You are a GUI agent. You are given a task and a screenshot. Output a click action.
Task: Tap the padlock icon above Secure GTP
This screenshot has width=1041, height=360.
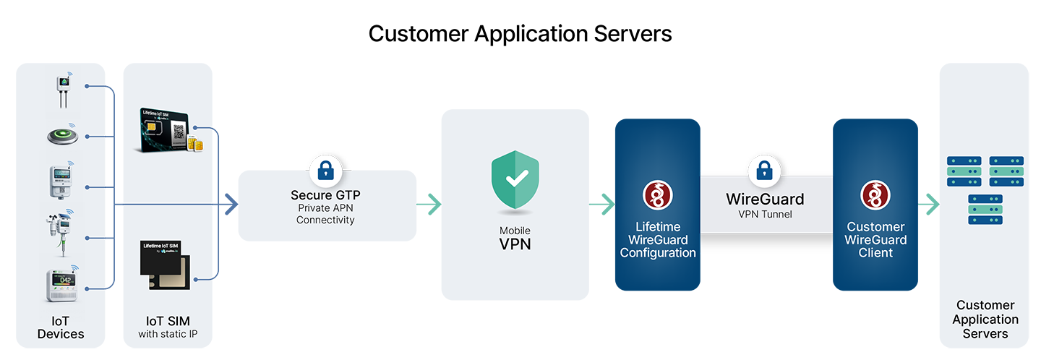tap(325, 171)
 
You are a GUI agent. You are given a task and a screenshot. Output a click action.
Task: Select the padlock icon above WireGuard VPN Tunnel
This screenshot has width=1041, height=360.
tap(763, 171)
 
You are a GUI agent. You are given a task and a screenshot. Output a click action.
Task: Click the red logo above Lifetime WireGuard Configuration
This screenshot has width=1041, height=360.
tap(658, 195)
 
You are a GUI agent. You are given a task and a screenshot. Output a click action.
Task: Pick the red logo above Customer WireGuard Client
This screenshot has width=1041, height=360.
tap(875, 195)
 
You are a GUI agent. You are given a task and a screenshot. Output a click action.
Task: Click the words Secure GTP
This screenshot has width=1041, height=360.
tap(325, 195)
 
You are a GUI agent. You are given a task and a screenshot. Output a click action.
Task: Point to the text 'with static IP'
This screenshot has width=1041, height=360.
tap(168, 334)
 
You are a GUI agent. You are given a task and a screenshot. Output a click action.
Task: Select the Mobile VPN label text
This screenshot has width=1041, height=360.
tap(515, 238)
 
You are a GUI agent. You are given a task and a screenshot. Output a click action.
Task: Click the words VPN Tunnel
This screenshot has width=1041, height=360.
tap(765, 215)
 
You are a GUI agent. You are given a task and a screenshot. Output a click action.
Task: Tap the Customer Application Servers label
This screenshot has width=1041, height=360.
tap(985, 320)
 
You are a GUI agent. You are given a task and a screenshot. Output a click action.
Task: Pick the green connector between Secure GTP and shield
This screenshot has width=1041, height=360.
tap(429, 205)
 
